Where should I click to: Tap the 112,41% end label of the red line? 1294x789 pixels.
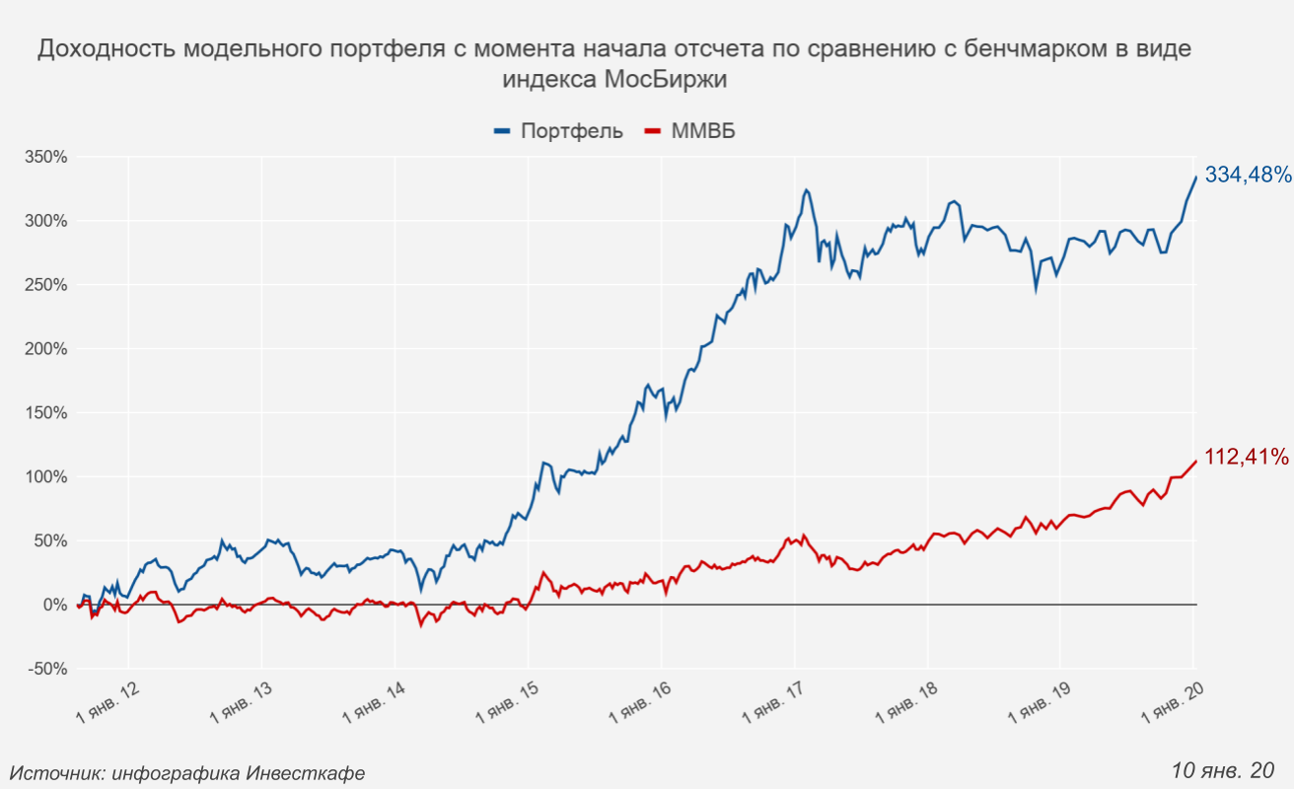[x=1247, y=457]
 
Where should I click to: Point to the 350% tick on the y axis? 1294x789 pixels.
[x=45, y=157]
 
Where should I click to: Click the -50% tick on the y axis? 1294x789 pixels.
[x=47, y=669]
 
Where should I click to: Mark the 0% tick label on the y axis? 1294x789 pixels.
[x=54, y=605]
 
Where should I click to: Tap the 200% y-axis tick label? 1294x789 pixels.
[x=45, y=349]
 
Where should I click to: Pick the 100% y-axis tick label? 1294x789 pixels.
[x=45, y=477]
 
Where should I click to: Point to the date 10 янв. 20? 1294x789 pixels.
[x=1223, y=769]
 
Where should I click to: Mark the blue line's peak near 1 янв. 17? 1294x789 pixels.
[x=806, y=190]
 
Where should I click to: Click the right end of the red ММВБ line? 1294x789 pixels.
[x=1195, y=461]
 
